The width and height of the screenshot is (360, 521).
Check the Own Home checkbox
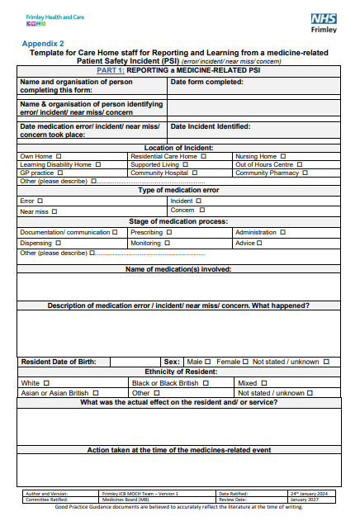tap(59, 156)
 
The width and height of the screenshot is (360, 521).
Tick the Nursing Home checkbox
tap(283, 156)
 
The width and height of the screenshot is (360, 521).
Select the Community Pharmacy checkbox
tap(306, 173)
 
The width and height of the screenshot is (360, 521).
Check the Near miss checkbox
tap(54, 211)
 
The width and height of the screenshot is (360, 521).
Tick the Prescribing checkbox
tap(169, 233)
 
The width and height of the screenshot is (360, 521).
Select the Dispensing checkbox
tap(58, 243)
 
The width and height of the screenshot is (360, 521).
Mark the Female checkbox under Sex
tap(246, 361)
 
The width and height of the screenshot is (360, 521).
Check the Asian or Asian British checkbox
tap(96, 393)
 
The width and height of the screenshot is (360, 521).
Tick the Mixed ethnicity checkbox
tap(264, 383)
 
